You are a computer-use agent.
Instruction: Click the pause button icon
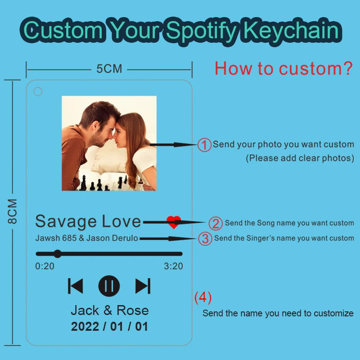click(x=109, y=286)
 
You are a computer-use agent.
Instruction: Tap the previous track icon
click(x=75, y=286)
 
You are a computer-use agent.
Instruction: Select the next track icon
click(x=143, y=286)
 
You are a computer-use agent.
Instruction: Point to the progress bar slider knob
click(x=58, y=254)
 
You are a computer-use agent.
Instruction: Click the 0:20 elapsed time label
click(x=45, y=266)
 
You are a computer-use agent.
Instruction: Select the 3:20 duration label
click(x=173, y=266)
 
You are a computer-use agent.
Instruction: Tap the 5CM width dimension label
click(x=109, y=69)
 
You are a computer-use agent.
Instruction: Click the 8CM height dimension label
click(x=13, y=211)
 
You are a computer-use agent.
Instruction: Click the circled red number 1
click(x=204, y=145)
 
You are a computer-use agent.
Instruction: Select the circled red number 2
click(x=216, y=223)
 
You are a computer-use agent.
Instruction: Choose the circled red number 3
click(x=205, y=238)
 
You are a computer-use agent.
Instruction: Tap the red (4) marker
click(x=203, y=297)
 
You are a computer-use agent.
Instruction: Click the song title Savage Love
click(x=88, y=222)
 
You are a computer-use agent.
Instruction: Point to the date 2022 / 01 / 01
click(x=109, y=326)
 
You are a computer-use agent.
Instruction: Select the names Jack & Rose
click(x=110, y=310)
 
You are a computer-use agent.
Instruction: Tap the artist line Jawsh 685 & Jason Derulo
click(x=86, y=238)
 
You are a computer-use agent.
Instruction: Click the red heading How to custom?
click(x=283, y=68)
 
